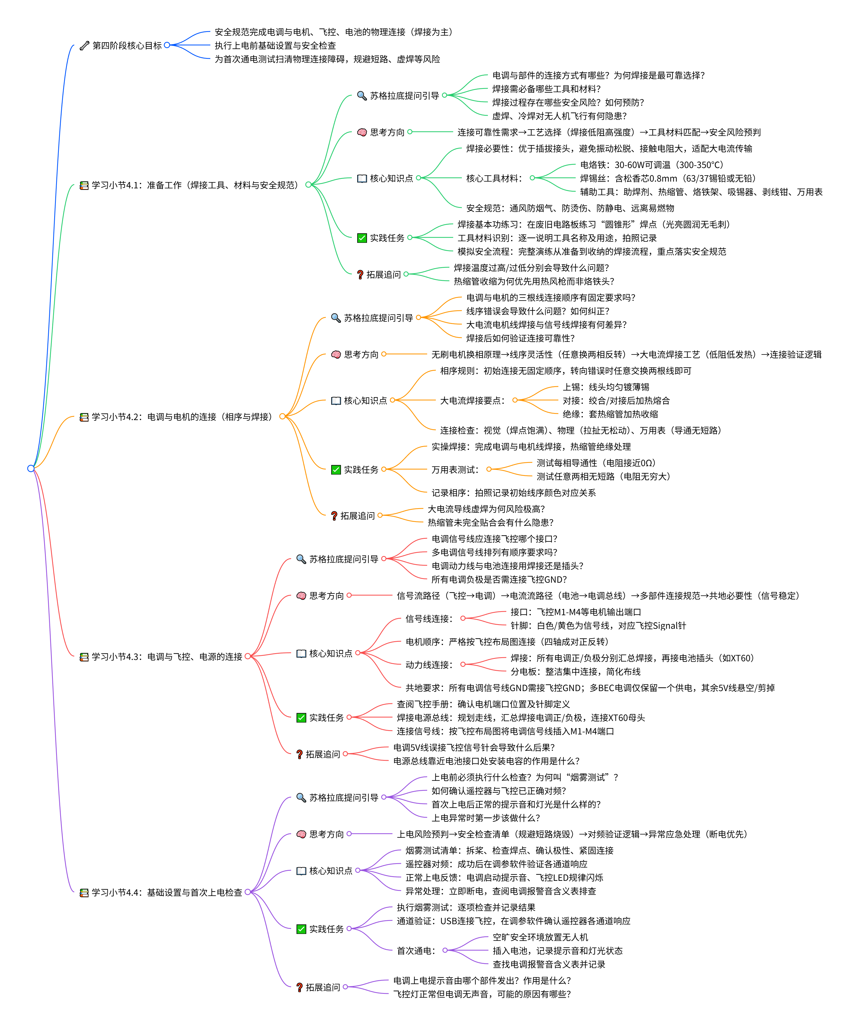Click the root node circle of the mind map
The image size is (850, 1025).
31,469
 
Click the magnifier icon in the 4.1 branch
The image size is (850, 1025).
362,96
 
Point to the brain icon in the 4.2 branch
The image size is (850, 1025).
336,354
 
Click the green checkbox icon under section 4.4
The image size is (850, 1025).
301,929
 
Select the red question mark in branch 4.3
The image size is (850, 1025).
300,754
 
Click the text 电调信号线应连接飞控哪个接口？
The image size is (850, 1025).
494,539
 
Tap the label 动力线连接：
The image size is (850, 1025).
429,665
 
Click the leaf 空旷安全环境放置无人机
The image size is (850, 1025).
540,937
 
